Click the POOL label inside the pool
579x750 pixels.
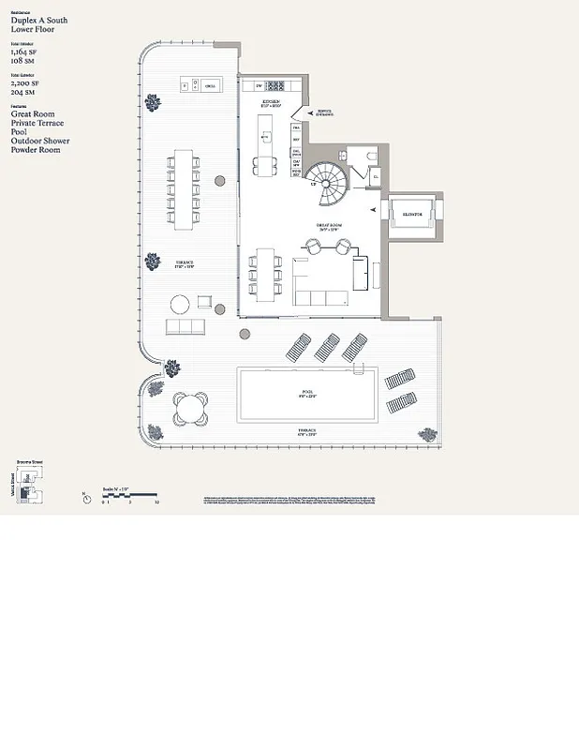(x=307, y=392)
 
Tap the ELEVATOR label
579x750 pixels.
(x=413, y=215)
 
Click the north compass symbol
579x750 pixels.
(x=87, y=498)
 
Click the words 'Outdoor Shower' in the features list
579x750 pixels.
(x=40, y=141)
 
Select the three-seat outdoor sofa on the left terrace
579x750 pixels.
(x=186, y=327)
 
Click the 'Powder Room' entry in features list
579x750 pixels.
(x=35, y=150)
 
